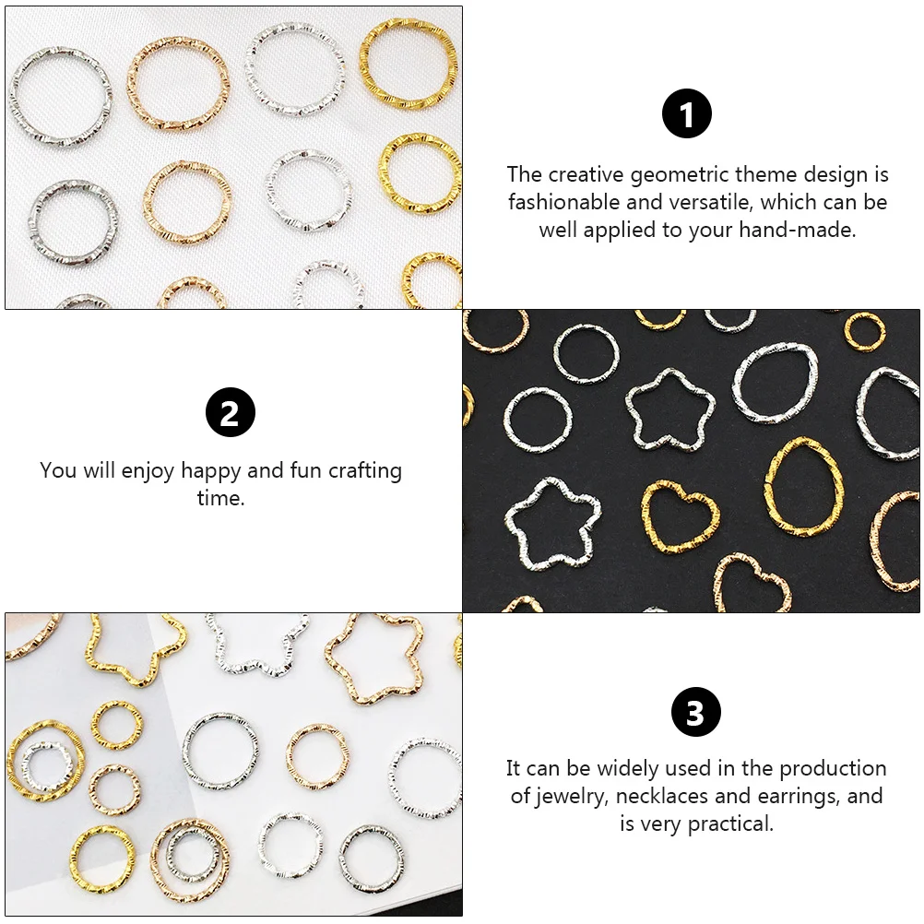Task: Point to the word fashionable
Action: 563,202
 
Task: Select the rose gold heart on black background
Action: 752,581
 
